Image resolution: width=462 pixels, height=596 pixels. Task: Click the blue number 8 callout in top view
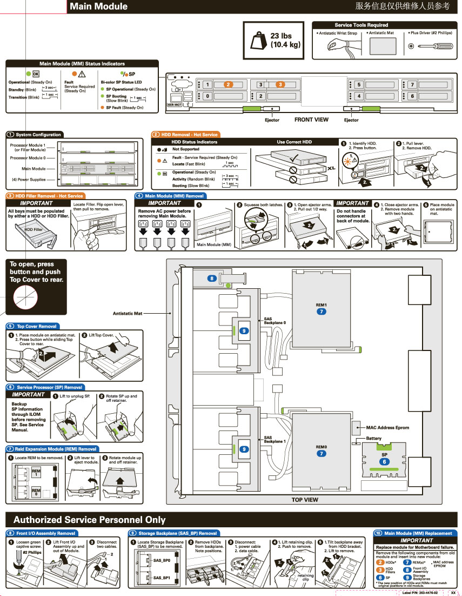pos(212,278)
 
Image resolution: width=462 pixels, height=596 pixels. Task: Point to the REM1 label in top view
pos(321,305)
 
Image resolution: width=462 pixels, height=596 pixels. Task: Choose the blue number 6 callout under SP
pos(384,461)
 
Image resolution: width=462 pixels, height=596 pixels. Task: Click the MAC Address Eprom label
pos(388,427)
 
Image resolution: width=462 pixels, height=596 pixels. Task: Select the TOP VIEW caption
pos(305,500)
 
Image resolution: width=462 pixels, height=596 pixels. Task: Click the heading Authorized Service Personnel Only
pos(89,520)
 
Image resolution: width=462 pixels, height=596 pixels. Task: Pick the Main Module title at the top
pos(98,6)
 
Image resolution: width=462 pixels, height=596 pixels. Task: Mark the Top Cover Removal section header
pos(36,327)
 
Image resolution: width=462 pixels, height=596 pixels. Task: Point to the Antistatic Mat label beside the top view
pos(127,313)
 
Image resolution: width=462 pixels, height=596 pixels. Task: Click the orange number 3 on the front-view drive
pos(280,84)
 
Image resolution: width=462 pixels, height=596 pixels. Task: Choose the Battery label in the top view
pos(374,438)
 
